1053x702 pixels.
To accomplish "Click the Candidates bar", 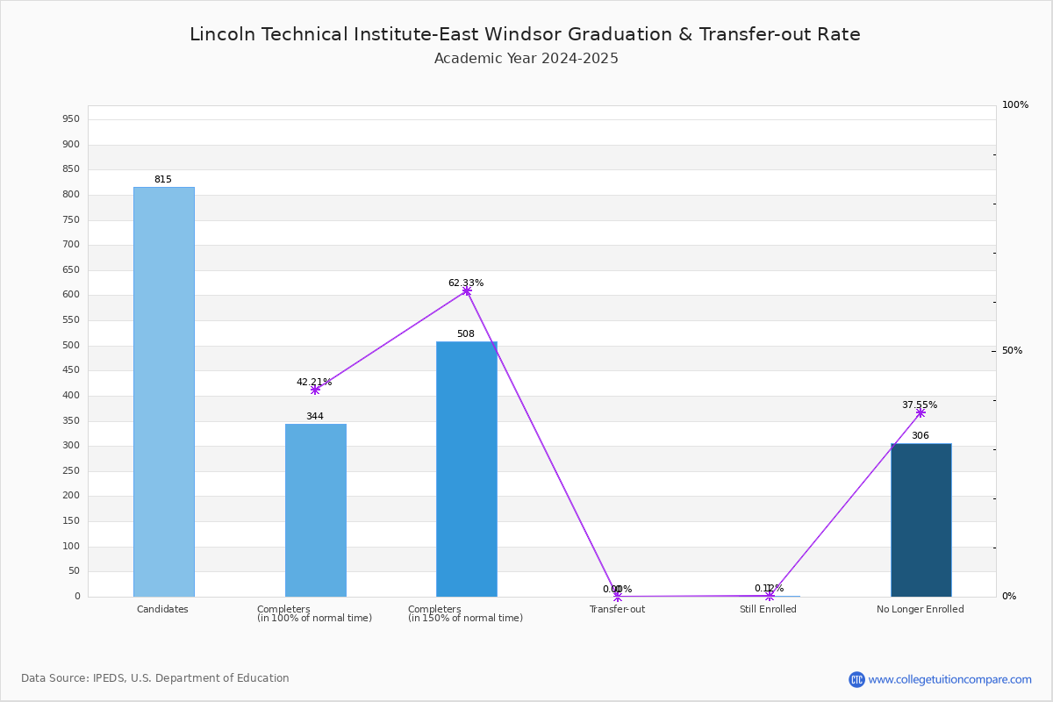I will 163,391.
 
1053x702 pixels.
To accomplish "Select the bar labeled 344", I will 315,510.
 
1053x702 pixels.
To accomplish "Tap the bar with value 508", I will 466,469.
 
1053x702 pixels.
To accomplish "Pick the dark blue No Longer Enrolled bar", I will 920,519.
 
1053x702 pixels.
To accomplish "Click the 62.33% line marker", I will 467,290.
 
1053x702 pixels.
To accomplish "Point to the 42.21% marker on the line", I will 315,390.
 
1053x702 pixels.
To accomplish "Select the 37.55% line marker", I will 920,412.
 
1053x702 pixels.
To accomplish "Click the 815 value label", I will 163,180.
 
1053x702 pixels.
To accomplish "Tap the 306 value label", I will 920,436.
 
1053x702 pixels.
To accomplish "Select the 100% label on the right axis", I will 1015,105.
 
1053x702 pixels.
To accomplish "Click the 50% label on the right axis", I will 1013,351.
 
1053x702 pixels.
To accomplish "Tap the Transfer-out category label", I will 617,610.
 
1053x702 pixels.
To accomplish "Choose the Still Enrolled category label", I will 768,610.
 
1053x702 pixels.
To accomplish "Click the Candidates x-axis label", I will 162,610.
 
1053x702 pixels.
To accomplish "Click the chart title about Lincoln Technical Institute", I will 525,35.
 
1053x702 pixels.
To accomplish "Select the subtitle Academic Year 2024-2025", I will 526,59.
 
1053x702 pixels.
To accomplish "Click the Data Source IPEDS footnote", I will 155,678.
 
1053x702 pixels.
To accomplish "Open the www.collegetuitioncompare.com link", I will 949,679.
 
